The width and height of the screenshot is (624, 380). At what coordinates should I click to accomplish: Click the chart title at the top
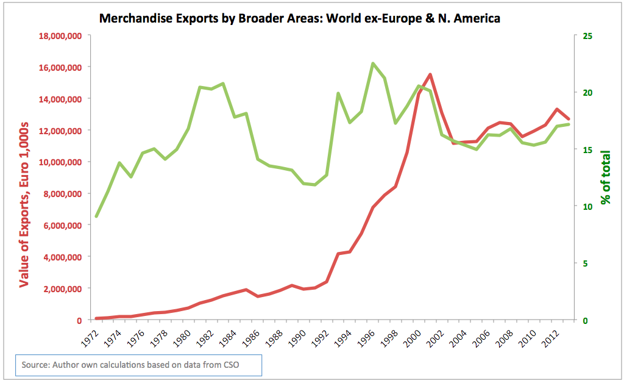click(299, 18)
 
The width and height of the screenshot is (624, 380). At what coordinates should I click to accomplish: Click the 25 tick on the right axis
click(588, 36)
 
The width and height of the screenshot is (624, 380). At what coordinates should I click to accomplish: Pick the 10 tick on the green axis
click(588, 207)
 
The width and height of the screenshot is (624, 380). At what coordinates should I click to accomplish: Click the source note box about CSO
click(138, 365)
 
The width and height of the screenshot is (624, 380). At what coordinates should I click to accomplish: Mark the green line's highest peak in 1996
click(372, 63)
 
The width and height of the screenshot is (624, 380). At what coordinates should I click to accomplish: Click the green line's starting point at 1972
click(97, 217)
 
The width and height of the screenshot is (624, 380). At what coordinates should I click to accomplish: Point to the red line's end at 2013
click(568, 119)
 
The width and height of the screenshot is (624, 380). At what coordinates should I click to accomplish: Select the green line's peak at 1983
click(223, 84)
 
